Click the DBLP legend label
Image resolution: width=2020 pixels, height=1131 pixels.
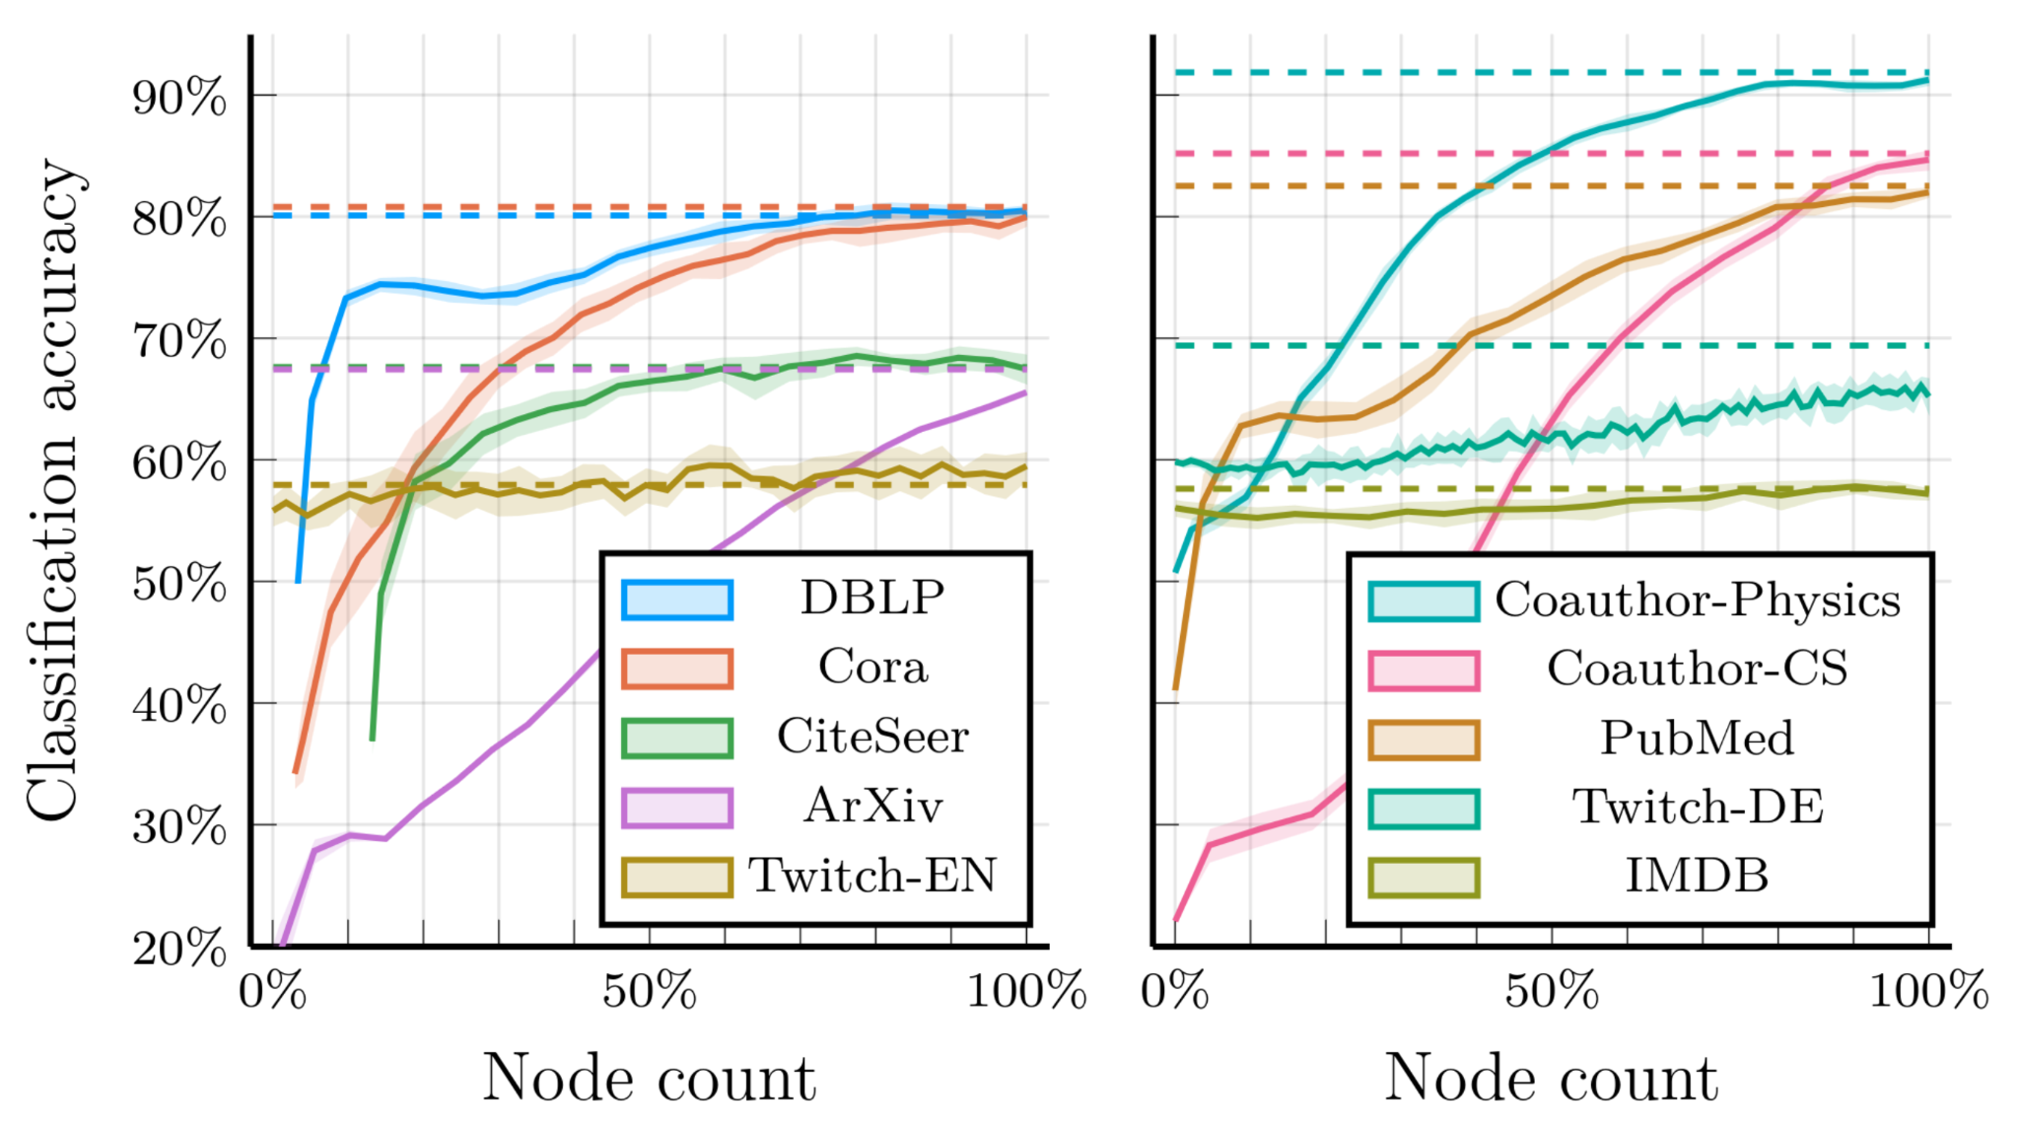tap(871, 598)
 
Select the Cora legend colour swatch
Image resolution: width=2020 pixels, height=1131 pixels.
tap(677, 669)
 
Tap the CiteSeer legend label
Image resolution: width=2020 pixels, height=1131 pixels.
tap(871, 737)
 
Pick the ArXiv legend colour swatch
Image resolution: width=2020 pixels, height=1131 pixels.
tap(677, 808)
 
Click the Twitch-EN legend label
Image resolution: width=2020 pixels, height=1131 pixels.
tap(871, 876)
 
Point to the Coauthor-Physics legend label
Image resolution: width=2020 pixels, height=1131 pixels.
tap(1697, 601)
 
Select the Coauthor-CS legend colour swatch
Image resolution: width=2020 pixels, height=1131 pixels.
tap(1424, 671)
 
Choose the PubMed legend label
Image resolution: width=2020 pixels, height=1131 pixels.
tap(1697, 739)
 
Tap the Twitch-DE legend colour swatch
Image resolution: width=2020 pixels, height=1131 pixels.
tap(1424, 809)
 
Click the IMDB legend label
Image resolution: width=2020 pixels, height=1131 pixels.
tap(1697, 876)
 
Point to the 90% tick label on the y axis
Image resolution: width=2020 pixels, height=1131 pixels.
tap(179, 98)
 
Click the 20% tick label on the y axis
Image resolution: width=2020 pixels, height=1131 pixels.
tap(179, 949)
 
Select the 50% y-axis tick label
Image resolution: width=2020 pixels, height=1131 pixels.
tap(179, 584)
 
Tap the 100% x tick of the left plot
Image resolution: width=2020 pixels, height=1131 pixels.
tap(1026, 990)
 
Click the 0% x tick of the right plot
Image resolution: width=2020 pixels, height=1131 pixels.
tap(1175, 990)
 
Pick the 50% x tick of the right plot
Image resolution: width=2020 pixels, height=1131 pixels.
tap(1552, 990)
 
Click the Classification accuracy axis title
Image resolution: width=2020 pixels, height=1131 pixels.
tap(53, 490)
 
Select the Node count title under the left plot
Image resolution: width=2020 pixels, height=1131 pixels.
tap(649, 1079)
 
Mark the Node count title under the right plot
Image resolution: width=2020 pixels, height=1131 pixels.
tap(1551, 1079)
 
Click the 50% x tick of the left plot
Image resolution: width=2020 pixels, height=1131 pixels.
tap(650, 990)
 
